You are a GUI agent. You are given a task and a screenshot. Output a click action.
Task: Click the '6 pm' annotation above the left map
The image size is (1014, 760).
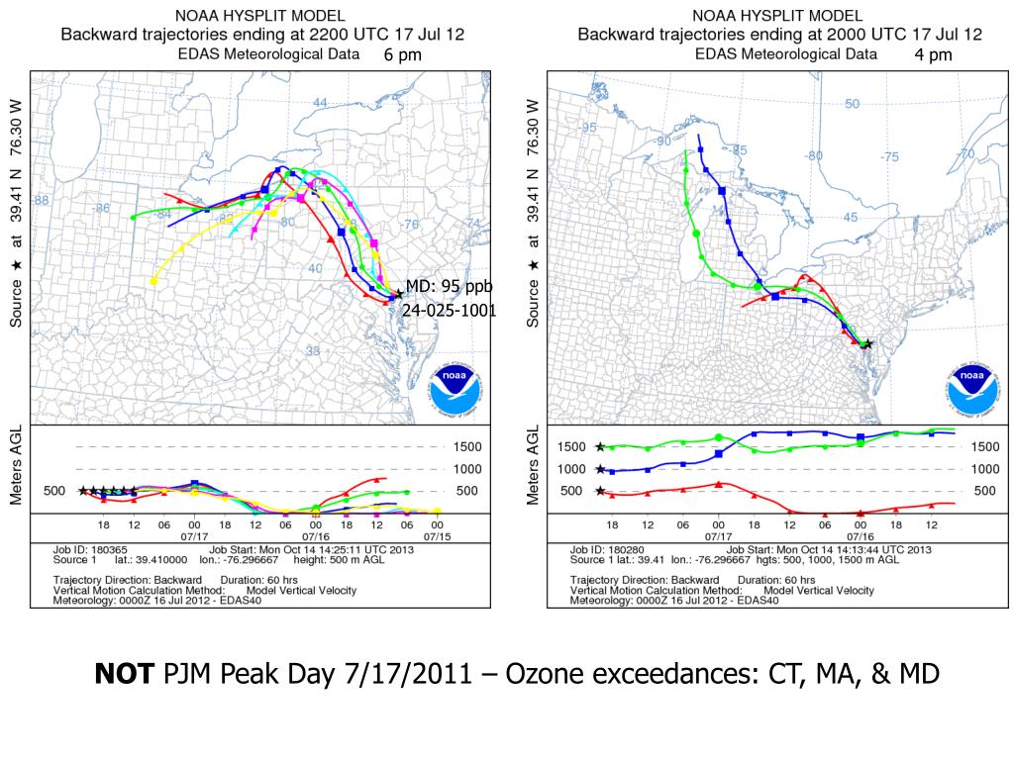(x=403, y=55)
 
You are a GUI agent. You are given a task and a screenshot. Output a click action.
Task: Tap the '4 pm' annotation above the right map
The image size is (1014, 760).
(x=933, y=55)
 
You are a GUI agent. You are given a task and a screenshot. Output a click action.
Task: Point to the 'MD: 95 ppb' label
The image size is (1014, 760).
(x=449, y=287)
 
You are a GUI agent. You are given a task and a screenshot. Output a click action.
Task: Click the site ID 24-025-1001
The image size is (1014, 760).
(x=449, y=311)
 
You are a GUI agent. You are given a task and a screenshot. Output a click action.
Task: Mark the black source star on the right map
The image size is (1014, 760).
(x=867, y=343)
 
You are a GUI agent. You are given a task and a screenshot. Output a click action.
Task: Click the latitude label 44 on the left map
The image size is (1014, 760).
(x=320, y=103)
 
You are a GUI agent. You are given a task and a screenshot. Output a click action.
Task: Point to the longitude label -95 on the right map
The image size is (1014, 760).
(x=588, y=128)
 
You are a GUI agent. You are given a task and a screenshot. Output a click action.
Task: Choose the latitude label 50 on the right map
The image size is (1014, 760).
(x=852, y=104)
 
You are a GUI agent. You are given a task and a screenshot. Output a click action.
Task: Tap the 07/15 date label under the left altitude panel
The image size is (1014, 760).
(x=437, y=536)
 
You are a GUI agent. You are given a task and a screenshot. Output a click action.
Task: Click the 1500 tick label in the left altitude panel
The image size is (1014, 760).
(x=468, y=447)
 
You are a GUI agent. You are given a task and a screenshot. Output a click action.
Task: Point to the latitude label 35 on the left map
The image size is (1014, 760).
(x=313, y=350)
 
